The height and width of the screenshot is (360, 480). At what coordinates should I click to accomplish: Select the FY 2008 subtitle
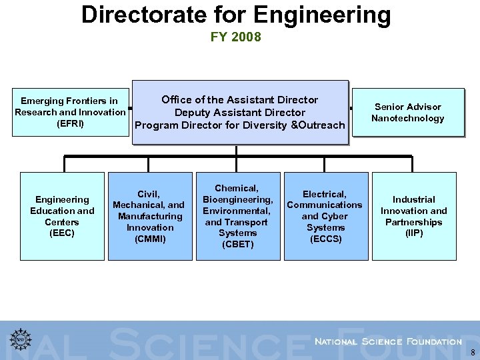point(236,37)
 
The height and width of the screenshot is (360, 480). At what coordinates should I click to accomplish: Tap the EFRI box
point(69,112)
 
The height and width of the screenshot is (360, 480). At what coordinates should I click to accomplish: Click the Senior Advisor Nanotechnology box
point(407,113)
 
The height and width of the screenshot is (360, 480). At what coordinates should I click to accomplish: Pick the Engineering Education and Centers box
point(62,216)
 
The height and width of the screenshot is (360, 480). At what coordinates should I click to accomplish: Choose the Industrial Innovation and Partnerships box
point(413,216)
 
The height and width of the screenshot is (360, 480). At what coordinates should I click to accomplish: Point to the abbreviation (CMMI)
point(150,239)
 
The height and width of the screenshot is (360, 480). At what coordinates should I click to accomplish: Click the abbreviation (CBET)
point(237,244)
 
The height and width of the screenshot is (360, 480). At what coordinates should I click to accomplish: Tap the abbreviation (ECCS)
point(325,239)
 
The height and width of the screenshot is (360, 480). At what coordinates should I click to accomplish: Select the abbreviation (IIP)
point(413,233)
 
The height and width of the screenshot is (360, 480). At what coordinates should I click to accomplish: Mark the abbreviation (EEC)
point(62,233)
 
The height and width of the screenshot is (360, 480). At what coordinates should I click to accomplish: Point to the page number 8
point(473,353)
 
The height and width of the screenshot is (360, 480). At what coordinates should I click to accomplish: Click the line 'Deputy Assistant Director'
point(239,113)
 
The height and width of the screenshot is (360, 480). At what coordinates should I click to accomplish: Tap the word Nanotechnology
point(407,119)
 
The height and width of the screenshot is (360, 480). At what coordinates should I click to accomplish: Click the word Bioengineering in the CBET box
point(237,199)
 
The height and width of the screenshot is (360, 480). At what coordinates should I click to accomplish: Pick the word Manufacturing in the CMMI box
point(150,216)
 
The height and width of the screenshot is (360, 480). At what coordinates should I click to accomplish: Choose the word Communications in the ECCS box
point(325,205)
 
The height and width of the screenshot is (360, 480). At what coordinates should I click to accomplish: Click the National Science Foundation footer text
point(387,341)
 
